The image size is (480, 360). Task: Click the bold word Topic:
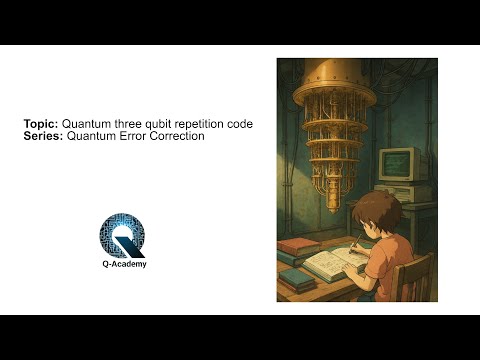pos(42,124)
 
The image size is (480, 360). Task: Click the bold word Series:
pos(44,136)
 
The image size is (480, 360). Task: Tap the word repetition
pos(205,124)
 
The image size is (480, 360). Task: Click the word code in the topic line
pos(241,124)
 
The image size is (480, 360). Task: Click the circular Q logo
pos(122,236)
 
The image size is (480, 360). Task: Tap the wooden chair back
pos(416,276)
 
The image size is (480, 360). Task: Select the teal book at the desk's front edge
pos(292,277)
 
